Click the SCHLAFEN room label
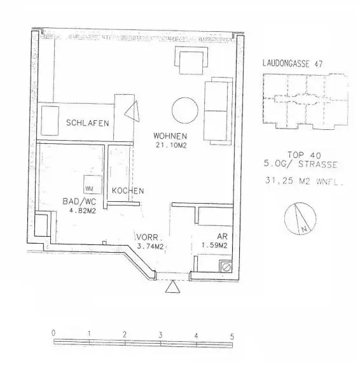(87, 123)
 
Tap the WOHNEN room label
(169, 136)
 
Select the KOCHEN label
(128, 191)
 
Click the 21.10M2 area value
(169, 146)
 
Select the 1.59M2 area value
(214, 246)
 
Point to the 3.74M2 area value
(151, 246)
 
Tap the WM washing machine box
(89, 188)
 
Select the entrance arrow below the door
(172, 289)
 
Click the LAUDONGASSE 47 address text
(293, 64)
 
